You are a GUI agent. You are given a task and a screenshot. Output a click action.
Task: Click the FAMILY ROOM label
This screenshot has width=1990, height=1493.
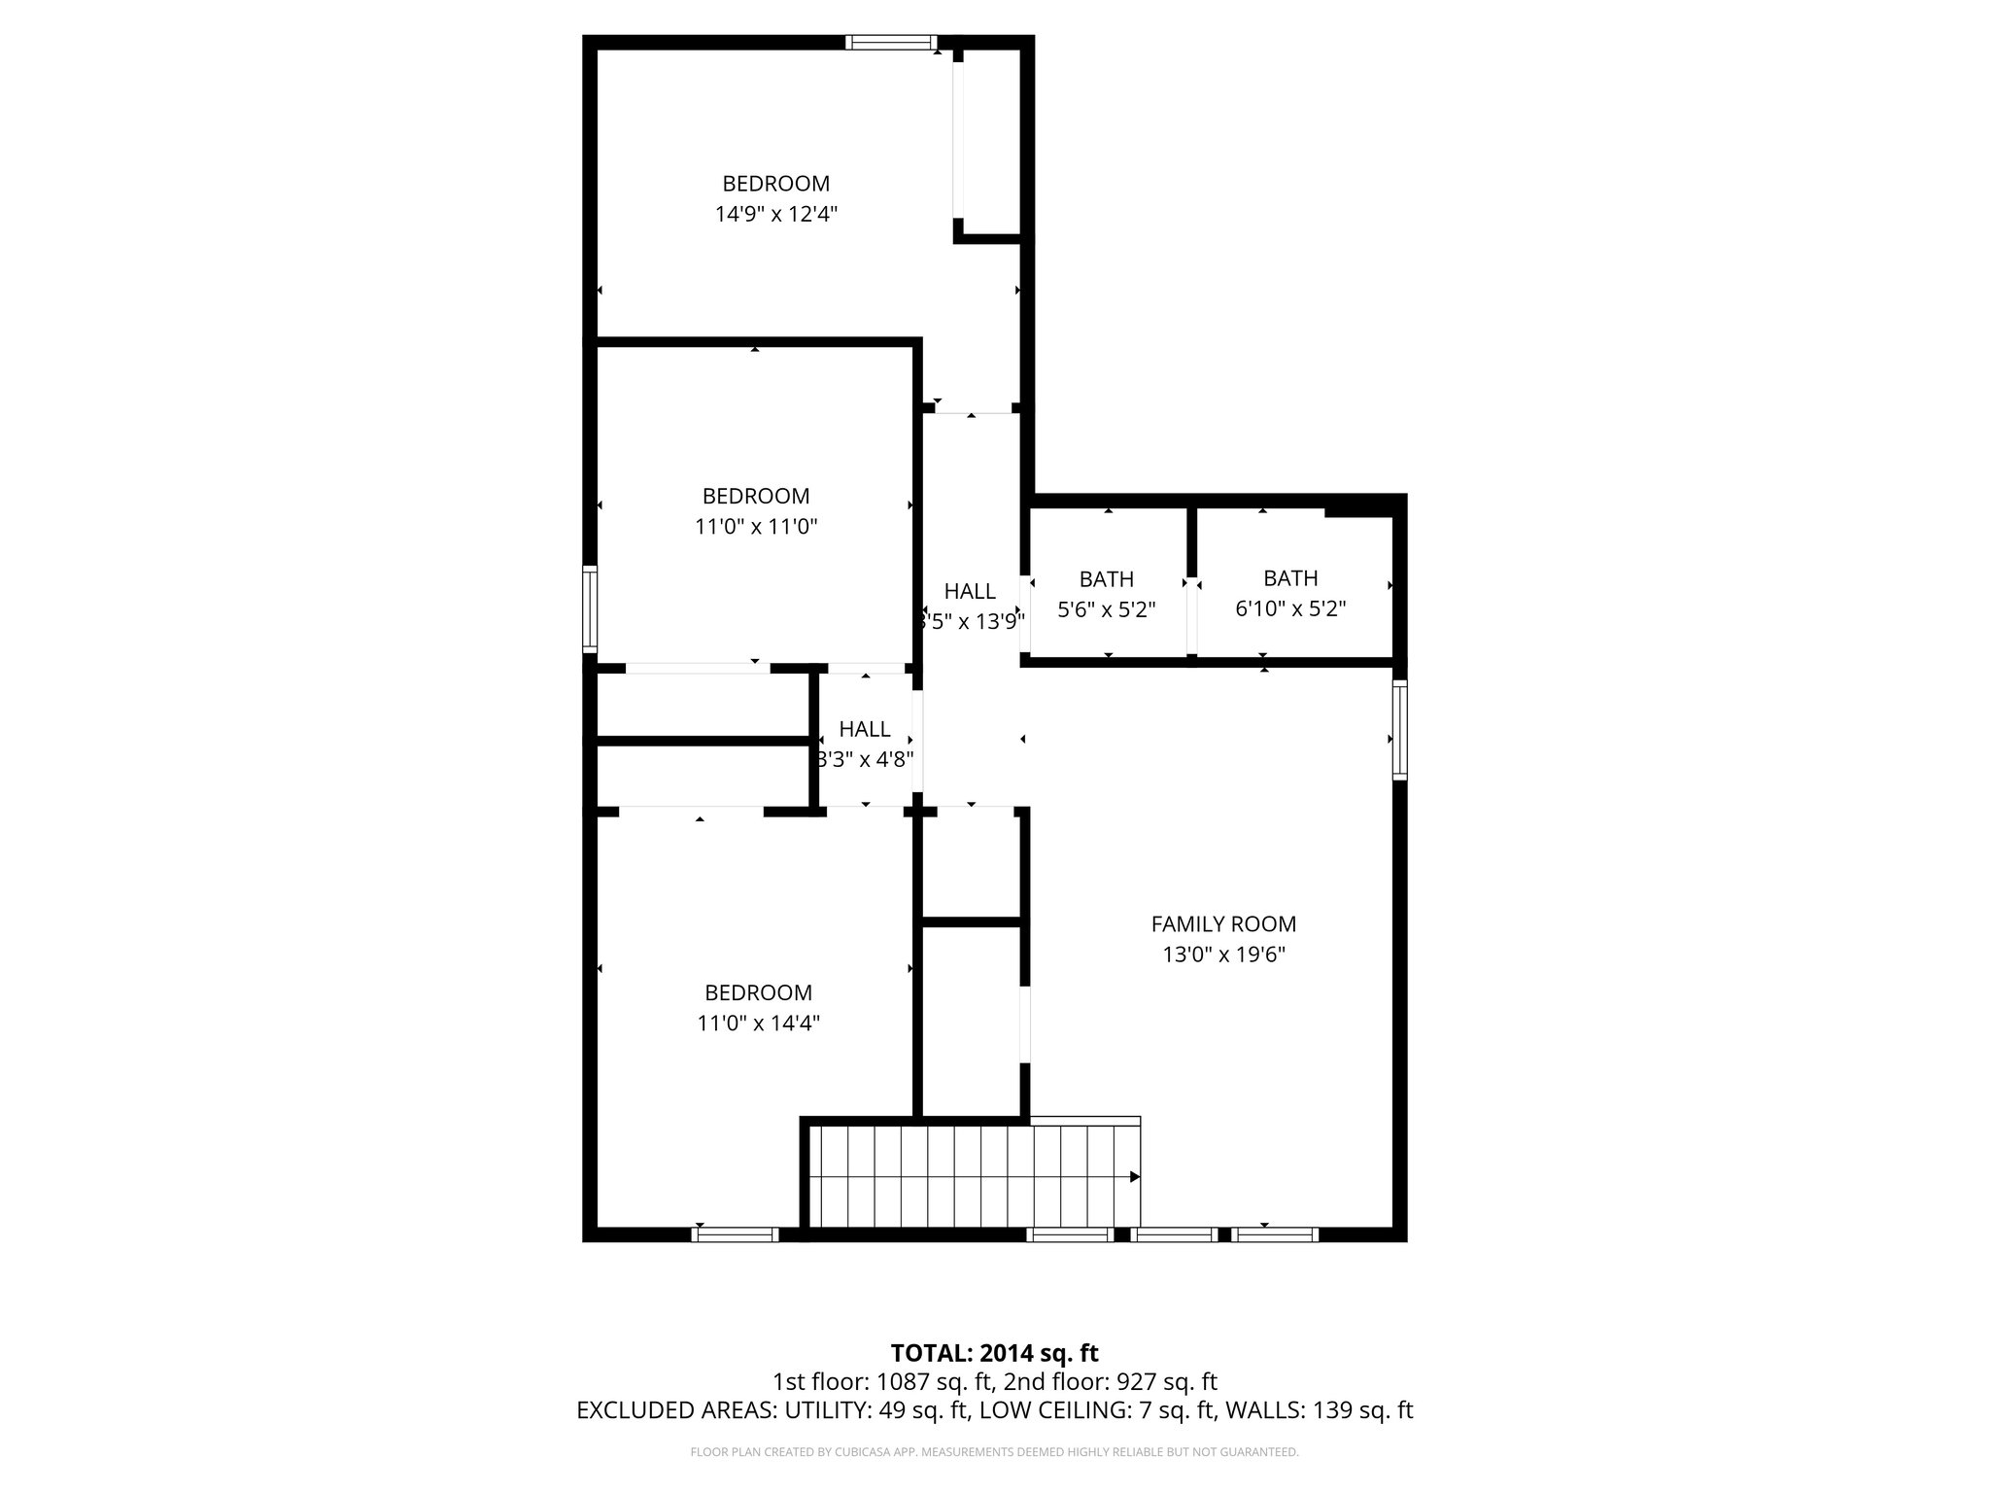pos(1223,924)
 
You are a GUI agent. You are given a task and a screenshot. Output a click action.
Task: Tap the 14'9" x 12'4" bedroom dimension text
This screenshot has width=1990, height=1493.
pos(776,214)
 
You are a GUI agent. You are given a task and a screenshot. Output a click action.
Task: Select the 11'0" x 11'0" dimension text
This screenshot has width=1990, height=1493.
pos(756,527)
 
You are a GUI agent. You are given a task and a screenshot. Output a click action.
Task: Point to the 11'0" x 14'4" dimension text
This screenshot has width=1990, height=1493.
pos(758,1023)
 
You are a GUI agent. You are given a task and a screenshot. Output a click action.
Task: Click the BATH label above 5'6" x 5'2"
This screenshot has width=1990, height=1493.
pos(1107,579)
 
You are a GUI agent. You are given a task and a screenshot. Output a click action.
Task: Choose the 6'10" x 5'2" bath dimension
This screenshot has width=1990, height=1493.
pos(1290,609)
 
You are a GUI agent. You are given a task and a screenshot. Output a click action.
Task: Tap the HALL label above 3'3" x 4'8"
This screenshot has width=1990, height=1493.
pos(865,729)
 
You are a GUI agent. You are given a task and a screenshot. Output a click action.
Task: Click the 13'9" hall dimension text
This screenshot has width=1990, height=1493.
pos(973,621)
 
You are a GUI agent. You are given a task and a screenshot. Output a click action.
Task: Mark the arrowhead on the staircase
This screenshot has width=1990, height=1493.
pos(1134,1176)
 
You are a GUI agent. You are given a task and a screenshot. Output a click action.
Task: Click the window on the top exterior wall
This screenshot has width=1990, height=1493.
pos(890,42)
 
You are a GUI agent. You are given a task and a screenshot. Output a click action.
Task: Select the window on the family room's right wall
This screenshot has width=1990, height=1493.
pos(1399,730)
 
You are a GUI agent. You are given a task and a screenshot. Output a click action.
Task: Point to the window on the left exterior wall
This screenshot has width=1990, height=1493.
pos(589,609)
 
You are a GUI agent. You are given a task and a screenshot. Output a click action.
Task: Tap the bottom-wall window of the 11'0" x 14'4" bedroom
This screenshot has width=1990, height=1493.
pos(736,1234)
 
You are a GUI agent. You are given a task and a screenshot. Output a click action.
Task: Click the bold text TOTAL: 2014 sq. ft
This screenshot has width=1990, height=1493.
pos(994,1353)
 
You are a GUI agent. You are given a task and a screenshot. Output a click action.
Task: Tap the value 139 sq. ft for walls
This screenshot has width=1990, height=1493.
pos(1362,1410)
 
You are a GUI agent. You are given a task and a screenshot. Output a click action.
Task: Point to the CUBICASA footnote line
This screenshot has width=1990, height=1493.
pos(994,1452)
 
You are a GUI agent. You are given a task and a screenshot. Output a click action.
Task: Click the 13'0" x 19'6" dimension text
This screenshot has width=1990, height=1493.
pos(1223,955)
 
